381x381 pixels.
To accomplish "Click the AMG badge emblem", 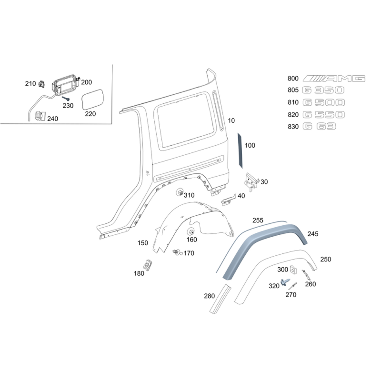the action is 334,79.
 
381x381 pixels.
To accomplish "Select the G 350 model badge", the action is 323,90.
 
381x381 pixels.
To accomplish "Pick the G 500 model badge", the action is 324,102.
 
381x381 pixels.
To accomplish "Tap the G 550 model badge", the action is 324,114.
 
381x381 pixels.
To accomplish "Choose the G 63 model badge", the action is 320,126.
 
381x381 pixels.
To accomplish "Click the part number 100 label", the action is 250,145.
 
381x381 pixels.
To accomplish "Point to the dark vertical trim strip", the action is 240,150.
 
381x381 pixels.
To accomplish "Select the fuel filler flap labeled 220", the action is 92,100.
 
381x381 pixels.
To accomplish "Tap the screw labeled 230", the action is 66,99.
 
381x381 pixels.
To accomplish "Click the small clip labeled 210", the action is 41,84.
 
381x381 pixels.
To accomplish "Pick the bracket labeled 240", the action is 40,116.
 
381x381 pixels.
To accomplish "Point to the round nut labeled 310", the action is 180,192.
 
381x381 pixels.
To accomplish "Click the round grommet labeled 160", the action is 191,231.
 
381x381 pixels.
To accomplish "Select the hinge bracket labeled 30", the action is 251,181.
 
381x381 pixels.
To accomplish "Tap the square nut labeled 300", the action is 293,270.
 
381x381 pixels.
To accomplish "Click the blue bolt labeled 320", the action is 284,282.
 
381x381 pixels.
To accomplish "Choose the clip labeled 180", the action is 148,265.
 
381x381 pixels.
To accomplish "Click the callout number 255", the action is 258,220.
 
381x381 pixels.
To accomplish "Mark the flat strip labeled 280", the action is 221,299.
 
